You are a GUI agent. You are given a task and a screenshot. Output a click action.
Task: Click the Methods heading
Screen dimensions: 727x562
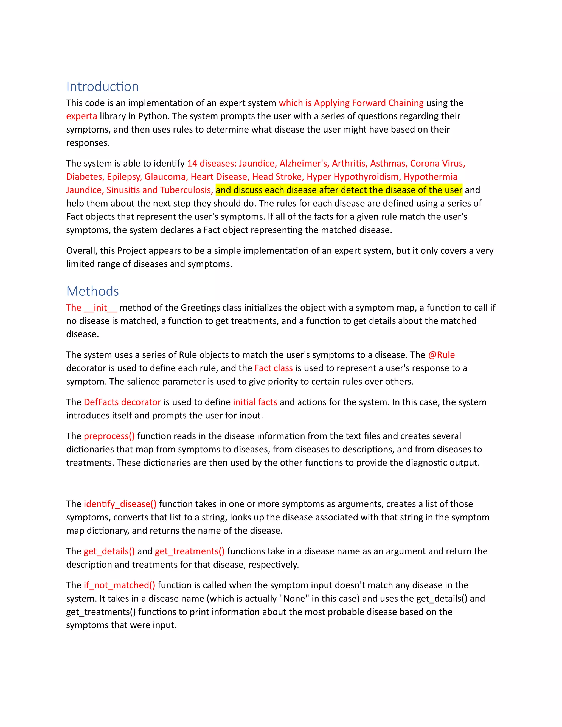[92, 291]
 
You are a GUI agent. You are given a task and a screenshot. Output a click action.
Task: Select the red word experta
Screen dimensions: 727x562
[82, 116]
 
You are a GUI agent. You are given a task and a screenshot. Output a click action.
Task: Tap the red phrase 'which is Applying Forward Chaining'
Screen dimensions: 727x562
[351, 103]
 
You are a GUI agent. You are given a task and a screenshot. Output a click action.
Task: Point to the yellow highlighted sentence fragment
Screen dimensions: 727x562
[339, 190]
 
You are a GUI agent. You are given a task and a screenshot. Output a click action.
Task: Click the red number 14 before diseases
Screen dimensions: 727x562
[192, 164]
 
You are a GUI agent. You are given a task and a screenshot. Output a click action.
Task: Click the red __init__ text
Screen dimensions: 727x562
[100, 308]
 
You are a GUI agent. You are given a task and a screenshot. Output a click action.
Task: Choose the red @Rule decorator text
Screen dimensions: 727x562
[442, 355]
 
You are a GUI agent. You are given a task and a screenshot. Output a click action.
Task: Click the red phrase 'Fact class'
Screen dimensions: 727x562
[273, 368]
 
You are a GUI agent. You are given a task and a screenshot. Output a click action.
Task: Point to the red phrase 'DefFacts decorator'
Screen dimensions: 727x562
[122, 402]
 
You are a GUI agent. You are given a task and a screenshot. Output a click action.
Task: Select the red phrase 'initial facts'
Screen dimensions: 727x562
[255, 402]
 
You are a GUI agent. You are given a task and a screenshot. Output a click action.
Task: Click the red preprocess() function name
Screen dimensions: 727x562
[109, 436]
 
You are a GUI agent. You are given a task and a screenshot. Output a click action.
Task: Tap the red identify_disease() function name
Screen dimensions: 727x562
[120, 504]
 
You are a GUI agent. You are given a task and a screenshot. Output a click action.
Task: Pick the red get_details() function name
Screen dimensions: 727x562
[109, 551]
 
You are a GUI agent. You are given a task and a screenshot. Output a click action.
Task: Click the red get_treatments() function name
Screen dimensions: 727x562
[189, 551]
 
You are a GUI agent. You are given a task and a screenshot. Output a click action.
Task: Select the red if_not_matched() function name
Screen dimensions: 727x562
[119, 585]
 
